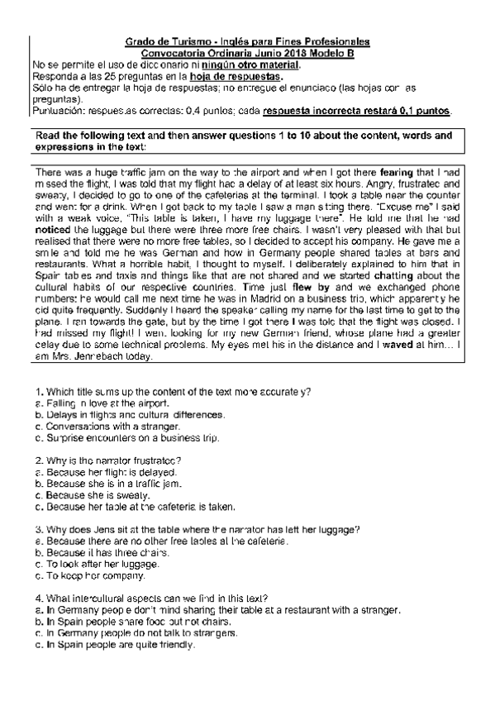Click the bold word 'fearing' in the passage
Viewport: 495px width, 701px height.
[398, 171]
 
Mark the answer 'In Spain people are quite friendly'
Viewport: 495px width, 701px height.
[119, 645]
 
